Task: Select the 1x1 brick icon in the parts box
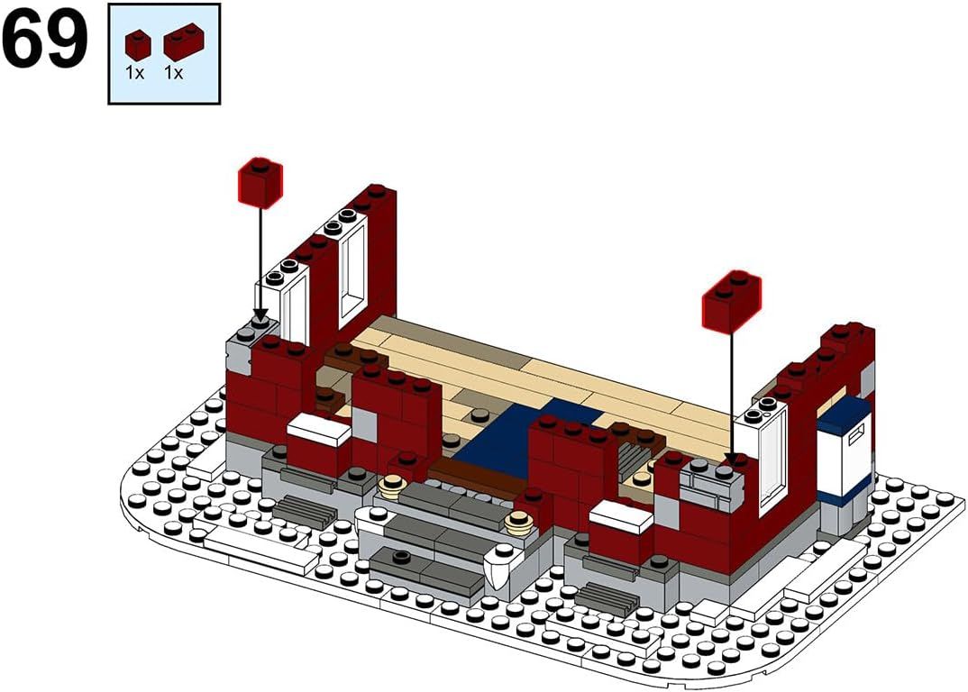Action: tap(138, 45)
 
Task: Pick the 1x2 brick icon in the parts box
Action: tap(183, 41)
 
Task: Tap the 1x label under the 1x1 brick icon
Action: tap(134, 73)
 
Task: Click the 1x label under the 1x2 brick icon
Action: tap(173, 73)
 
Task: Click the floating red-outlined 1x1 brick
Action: tap(260, 183)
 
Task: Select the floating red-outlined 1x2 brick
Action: tap(732, 301)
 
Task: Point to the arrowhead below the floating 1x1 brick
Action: tap(260, 314)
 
